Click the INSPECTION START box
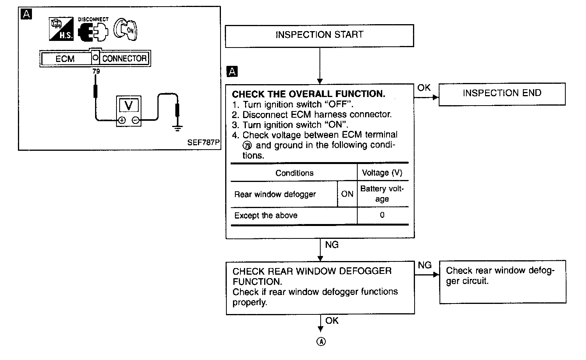pyautogui.click(x=319, y=35)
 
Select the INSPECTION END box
pyautogui.click(x=502, y=94)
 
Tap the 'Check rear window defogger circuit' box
pyautogui.click(x=502, y=282)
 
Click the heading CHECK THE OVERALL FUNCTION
pyautogui.click(x=308, y=94)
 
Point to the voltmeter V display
pyautogui.click(x=128, y=106)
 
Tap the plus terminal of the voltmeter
pyautogui.click(x=122, y=120)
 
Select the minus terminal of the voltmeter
pyautogui.click(x=135, y=120)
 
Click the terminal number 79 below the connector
pyautogui.click(x=96, y=71)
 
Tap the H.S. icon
pyautogui.click(x=61, y=29)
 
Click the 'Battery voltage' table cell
pyautogui.click(x=382, y=194)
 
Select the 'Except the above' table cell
pyautogui.click(x=266, y=215)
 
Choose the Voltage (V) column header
pyautogui.click(x=382, y=173)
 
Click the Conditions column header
pyautogui.click(x=294, y=173)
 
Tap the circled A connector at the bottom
pyautogui.click(x=321, y=342)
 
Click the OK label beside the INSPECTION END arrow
pyautogui.click(x=424, y=88)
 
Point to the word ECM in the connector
pyautogui.click(x=65, y=59)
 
